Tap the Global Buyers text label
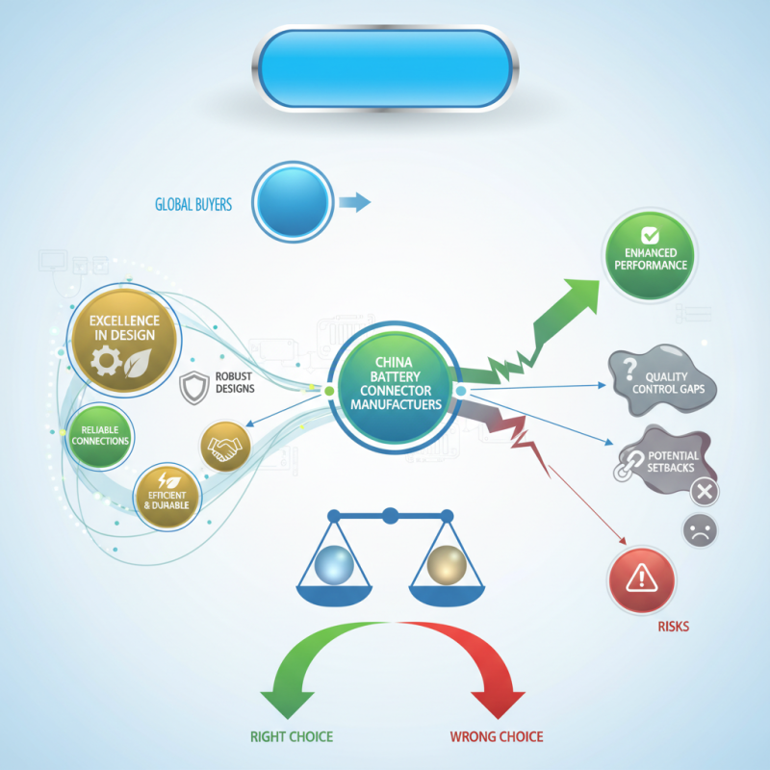[x=193, y=205]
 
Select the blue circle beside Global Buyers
[x=294, y=201]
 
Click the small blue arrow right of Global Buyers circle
[x=354, y=201]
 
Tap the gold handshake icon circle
[x=225, y=447]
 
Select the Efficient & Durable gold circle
[x=166, y=496]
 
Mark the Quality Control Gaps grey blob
[x=664, y=377]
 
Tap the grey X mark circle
[x=705, y=492]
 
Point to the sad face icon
[x=700, y=531]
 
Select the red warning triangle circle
[x=641, y=577]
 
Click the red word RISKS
[x=674, y=627]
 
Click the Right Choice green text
[x=292, y=737]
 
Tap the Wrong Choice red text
[x=497, y=737]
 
